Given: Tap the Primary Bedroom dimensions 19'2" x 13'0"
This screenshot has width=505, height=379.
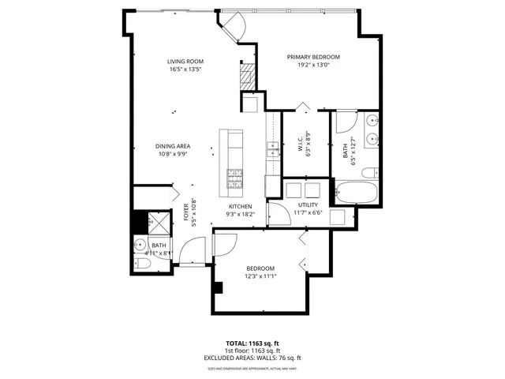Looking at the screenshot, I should tap(313, 66).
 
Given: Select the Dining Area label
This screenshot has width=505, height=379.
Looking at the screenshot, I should tap(172, 145).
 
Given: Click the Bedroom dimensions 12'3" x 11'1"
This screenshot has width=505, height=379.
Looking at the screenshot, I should tap(260, 276).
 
